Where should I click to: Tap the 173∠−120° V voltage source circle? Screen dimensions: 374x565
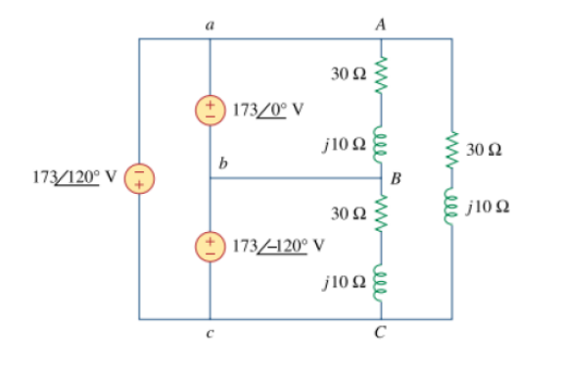coord(211,245)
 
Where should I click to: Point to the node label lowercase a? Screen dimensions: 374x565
coord(211,26)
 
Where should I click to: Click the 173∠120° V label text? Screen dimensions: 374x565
coord(73,178)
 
